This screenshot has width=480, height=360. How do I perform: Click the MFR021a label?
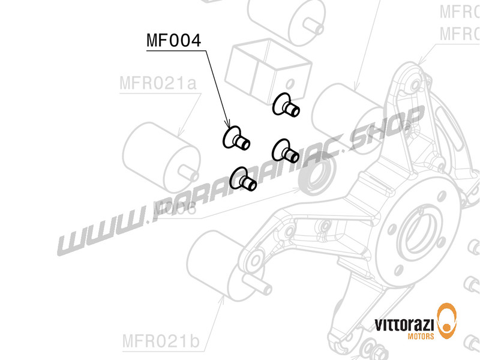[157, 84]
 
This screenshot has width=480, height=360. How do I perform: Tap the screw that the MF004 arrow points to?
[235, 139]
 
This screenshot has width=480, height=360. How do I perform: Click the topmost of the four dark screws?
[285, 106]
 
